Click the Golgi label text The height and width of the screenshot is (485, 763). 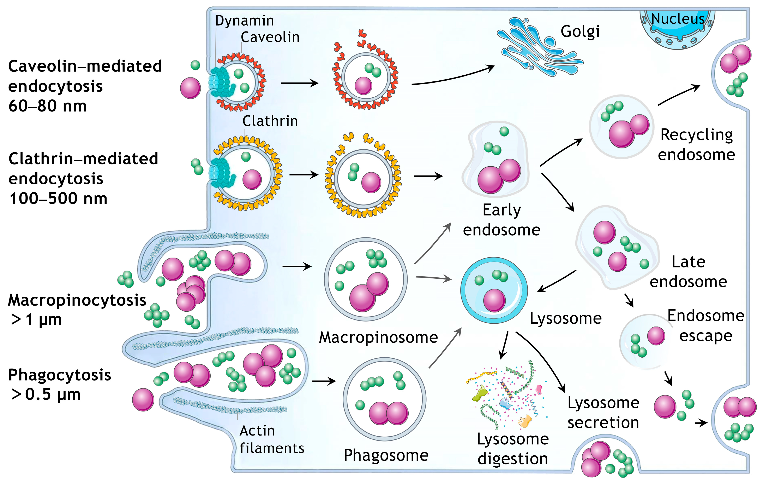point(580,32)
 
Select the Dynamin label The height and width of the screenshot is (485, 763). point(244,21)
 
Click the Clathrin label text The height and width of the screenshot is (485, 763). point(270,121)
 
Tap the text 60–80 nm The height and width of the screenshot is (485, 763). point(48,106)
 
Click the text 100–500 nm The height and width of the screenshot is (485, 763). point(58,198)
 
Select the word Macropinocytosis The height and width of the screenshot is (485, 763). point(77,300)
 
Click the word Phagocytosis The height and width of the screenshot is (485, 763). point(60,375)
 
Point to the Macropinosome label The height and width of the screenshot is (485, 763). point(378,337)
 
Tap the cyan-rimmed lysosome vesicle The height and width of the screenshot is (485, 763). point(494,290)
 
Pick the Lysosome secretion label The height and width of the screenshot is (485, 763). point(603,413)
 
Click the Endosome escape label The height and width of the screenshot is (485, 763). point(706,326)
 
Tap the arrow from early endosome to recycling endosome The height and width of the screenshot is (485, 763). point(561,152)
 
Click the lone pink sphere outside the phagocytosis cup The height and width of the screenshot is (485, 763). point(143,400)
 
